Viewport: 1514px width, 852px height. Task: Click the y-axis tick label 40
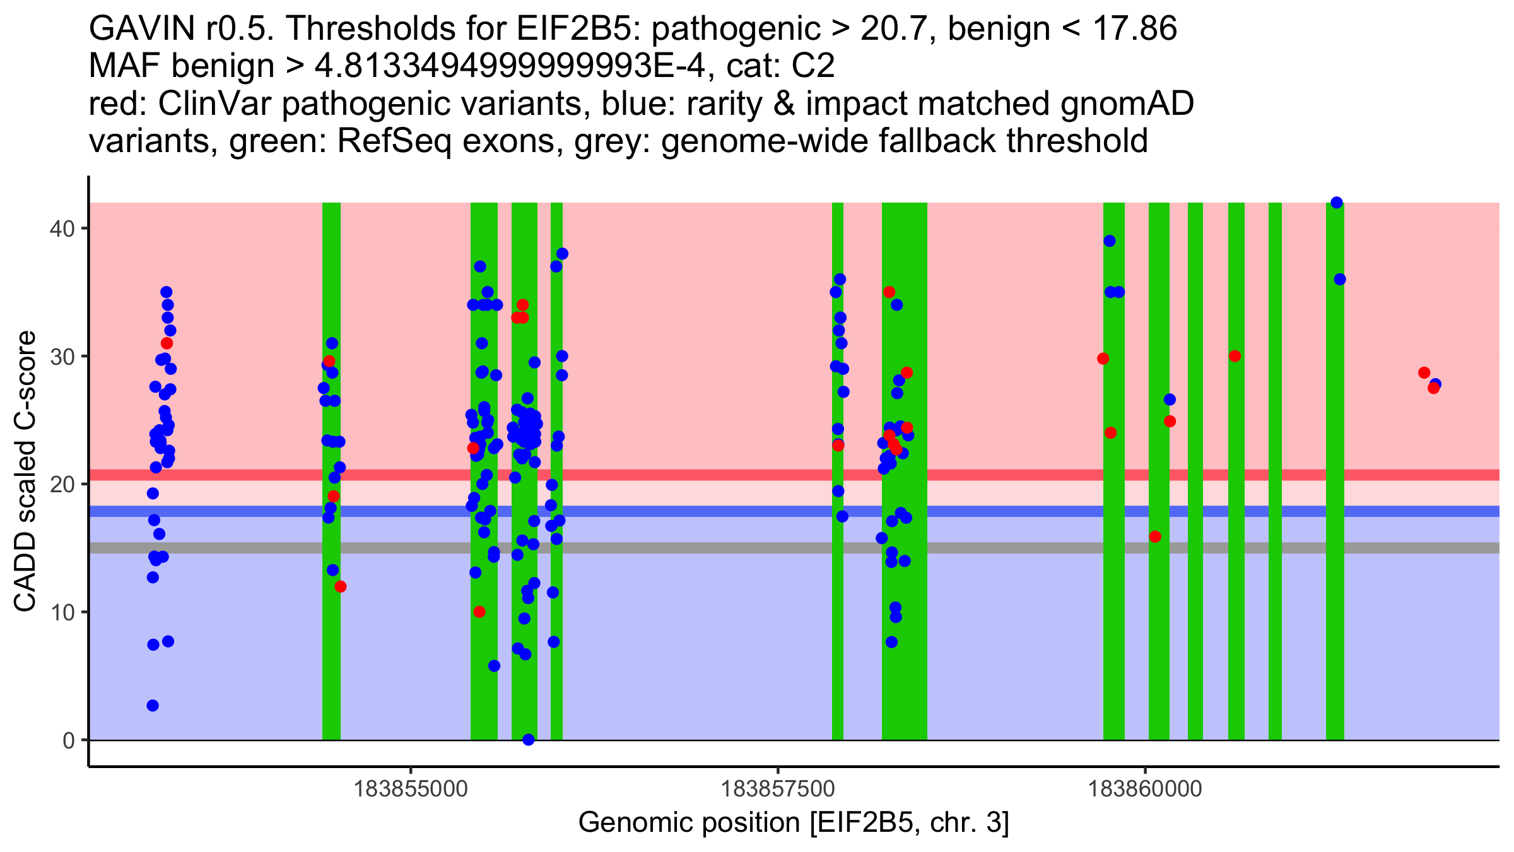61,228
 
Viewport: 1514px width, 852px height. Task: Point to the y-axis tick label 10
61,612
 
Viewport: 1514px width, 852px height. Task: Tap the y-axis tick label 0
68,740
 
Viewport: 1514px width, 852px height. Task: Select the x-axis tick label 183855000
411,790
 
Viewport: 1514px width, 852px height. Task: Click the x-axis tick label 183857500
778,790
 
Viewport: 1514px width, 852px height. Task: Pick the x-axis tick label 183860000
1145,790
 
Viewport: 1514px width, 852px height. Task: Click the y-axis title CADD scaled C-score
25,471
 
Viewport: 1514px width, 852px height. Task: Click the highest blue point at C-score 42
1336,203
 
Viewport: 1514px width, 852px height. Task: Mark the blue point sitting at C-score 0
529,740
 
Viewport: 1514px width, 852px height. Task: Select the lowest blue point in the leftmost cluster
153,706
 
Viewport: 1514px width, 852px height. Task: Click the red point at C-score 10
479,612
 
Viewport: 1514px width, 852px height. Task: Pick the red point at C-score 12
341,586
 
